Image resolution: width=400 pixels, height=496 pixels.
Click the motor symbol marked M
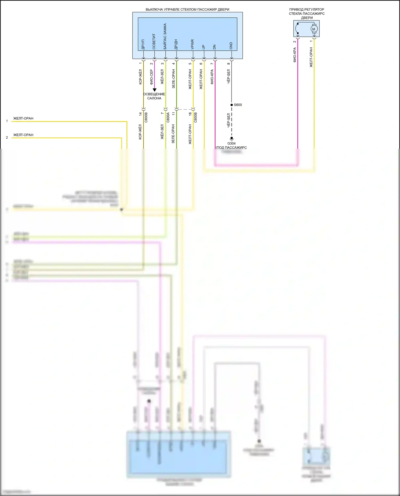(314, 29)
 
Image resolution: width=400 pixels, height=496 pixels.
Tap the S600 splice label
(238, 105)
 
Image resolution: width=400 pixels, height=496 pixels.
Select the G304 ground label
(231, 143)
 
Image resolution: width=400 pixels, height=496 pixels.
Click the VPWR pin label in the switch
(193, 45)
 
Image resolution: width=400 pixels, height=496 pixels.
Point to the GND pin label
(231, 46)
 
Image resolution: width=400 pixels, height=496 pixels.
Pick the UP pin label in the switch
(203, 47)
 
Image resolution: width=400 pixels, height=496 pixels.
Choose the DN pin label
(214, 47)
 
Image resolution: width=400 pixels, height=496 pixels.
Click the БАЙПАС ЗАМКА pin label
(165, 36)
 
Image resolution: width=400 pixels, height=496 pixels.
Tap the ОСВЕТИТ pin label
(154, 41)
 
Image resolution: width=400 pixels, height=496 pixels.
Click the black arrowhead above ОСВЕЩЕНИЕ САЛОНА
(154, 90)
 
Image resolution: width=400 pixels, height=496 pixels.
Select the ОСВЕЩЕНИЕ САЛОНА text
(154, 96)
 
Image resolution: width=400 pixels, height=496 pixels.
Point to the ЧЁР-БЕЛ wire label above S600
(229, 76)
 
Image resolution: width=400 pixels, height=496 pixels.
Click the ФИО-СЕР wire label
(151, 77)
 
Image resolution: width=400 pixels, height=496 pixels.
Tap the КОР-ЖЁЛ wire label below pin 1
(141, 77)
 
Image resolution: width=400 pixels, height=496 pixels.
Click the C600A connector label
(168, 118)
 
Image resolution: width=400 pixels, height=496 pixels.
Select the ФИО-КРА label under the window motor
(295, 55)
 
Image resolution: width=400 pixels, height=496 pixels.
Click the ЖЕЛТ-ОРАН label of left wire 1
(23, 118)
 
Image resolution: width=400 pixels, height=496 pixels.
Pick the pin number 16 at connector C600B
(190, 114)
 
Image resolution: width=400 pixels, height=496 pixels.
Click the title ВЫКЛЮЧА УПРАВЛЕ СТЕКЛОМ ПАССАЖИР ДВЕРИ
(187, 10)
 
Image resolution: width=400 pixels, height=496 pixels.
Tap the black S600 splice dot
(231, 105)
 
